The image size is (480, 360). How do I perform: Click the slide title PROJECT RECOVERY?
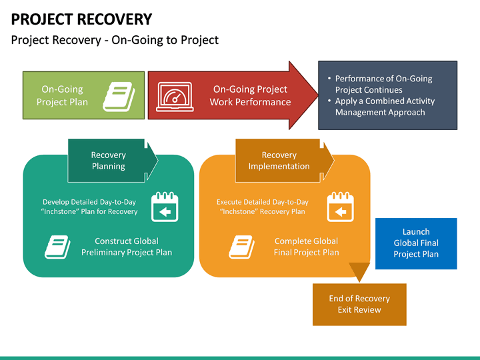point(81,19)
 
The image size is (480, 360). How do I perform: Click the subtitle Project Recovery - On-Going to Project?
point(115,40)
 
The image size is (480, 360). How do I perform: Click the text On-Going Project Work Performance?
point(250,95)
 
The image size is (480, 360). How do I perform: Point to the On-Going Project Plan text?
point(62,95)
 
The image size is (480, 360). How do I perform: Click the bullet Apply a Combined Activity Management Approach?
point(384,107)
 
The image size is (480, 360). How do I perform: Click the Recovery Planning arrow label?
point(109,161)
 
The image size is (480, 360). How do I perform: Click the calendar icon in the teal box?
point(165,207)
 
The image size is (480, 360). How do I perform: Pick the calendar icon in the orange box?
point(340,207)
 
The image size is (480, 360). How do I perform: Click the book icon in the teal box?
point(57,247)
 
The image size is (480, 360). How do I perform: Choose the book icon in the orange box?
point(242,247)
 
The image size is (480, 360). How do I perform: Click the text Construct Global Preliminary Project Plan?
point(127,247)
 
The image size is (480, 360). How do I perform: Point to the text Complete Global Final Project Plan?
point(306,247)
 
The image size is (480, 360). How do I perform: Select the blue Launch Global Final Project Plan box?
point(416,243)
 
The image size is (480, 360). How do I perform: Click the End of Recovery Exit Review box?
point(359,304)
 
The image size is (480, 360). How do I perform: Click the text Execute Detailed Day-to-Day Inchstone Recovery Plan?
point(262,207)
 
